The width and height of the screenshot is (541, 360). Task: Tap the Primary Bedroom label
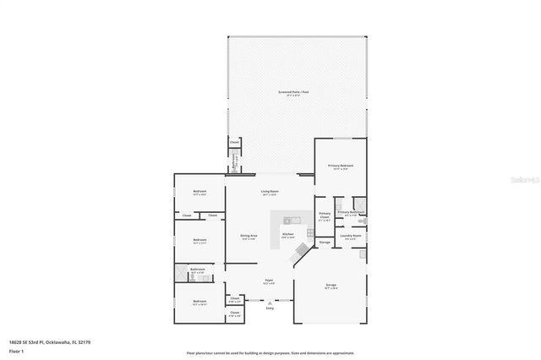(x=342, y=166)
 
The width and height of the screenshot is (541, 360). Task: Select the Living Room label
(x=270, y=192)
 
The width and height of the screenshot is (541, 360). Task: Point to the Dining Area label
(x=249, y=237)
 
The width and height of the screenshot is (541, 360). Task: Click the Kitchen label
(x=287, y=234)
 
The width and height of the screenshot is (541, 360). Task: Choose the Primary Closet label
(x=325, y=215)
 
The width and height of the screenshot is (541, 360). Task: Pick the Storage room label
(x=325, y=243)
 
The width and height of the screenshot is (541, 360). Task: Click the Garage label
(x=331, y=286)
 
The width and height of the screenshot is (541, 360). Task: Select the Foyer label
(x=268, y=281)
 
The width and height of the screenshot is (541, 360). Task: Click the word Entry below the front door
(x=270, y=309)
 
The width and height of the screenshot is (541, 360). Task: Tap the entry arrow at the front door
(x=270, y=303)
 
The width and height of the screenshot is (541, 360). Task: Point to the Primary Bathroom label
(x=352, y=212)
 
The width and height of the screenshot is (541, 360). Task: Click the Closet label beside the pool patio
(x=234, y=143)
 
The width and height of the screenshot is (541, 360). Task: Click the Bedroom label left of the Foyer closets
(x=199, y=302)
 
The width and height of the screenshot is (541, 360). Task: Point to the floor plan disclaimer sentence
(x=270, y=352)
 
